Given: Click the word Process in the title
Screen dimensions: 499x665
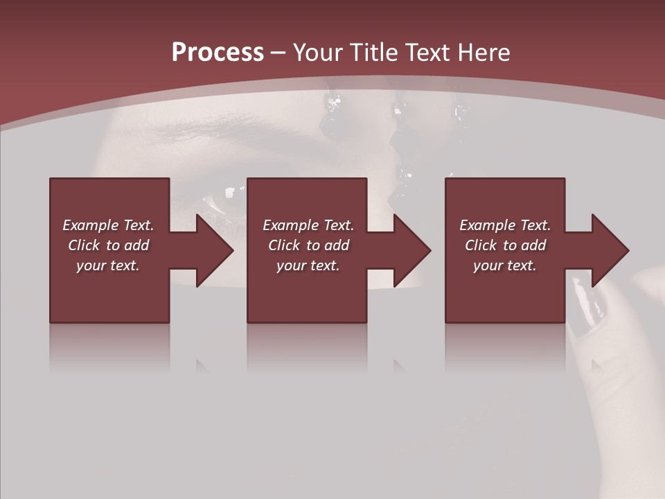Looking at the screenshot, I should coord(218,53).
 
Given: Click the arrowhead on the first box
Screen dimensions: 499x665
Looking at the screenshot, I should coord(215,250).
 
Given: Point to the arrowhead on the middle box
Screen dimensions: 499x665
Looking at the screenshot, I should coord(412,250).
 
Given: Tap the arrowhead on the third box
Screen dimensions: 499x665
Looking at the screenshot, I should coord(610,250).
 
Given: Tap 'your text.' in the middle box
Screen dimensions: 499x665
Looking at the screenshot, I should coord(308,265).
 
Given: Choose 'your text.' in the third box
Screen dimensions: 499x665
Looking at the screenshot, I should coord(504,265).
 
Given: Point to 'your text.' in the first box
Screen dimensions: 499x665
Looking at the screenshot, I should coord(108,265).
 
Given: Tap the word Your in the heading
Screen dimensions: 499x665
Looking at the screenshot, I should coord(318,53).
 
